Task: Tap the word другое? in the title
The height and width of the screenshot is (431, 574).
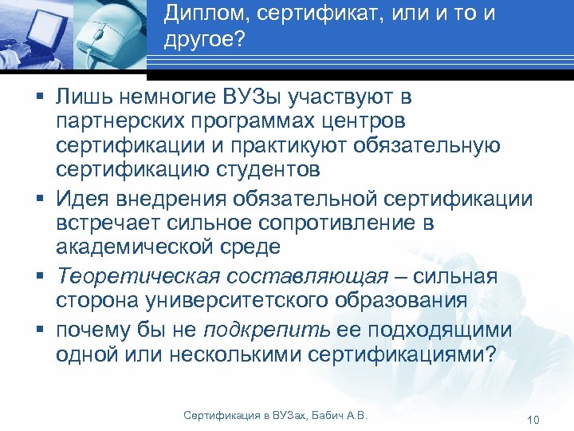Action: [x=203, y=40]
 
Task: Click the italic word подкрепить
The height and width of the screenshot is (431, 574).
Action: [x=266, y=329]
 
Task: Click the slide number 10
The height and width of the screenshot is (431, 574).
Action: [x=534, y=420]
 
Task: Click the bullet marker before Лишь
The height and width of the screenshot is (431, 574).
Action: [x=39, y=99]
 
